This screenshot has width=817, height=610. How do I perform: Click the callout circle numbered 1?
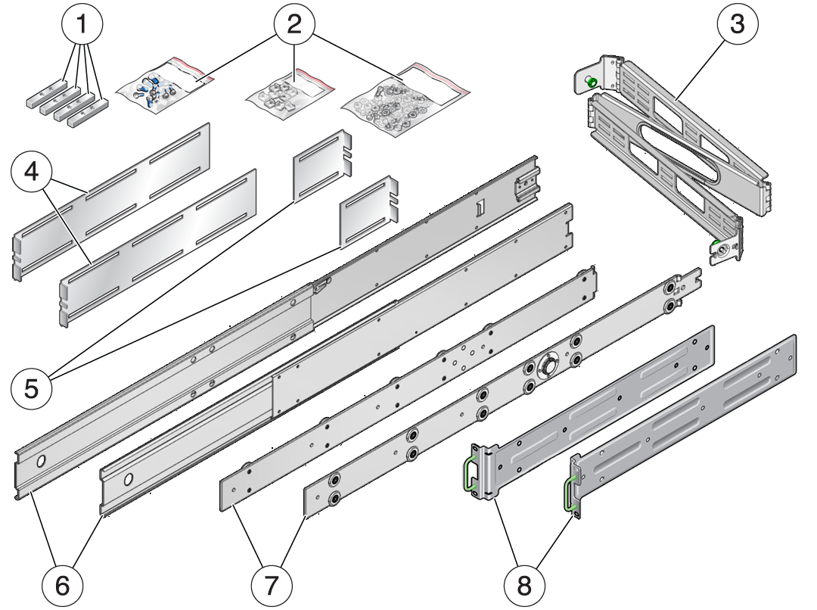coord(82,24)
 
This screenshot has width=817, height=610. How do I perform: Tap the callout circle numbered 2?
coord(294,24)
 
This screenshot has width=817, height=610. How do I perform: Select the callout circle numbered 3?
coord(737,24)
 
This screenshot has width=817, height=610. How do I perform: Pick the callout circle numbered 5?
coord(32,389)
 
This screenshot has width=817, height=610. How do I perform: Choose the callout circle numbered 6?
coord(63,586)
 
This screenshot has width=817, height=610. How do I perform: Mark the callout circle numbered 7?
coord(272,586)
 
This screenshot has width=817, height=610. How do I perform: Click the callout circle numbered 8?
coord(524,586)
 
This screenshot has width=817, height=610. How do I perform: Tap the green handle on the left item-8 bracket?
coord(470,472)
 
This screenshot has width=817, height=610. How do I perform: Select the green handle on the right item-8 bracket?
coord(568,493)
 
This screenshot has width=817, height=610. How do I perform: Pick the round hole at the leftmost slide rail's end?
coord(41,462)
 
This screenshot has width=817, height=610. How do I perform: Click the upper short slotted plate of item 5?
coord(322,164)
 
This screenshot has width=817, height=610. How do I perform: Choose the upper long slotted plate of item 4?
coord(111,202)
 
